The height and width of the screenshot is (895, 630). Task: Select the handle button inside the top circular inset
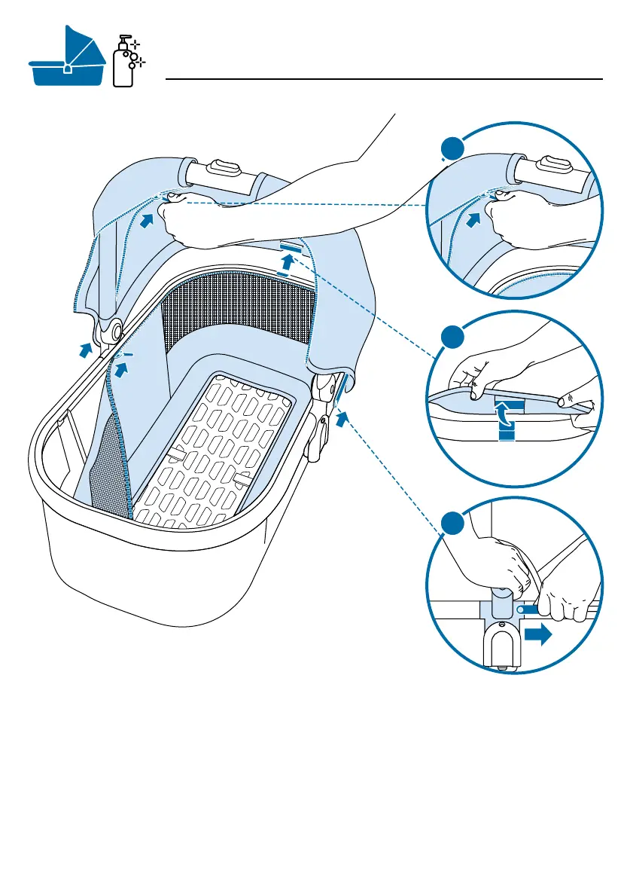tap(552, 162)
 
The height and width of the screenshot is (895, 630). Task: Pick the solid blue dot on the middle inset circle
tap(452, 336)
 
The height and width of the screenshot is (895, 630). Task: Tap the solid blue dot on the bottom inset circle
tap(452, 524)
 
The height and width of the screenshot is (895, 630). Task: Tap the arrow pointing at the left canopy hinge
tap(88, 349)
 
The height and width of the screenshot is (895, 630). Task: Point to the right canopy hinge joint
tap(324, 386)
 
